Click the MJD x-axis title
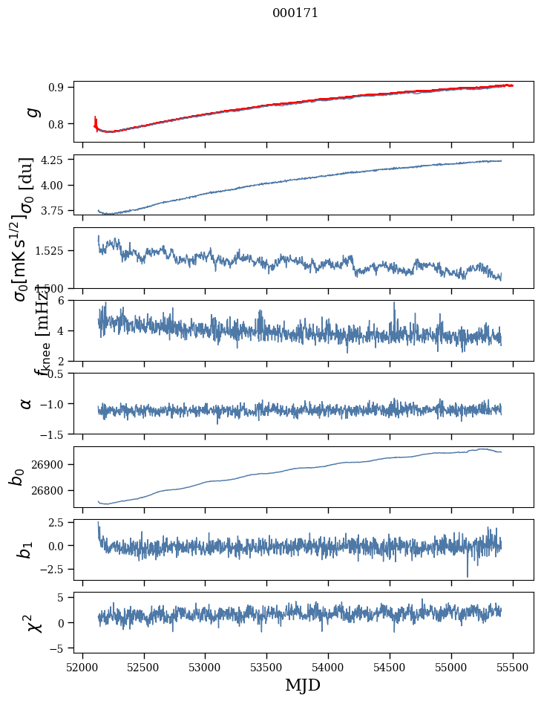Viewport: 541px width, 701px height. tap(303, 685)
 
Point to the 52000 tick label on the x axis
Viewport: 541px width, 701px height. tap(82, 667)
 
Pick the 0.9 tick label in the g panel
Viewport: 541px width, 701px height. tap(60, 87)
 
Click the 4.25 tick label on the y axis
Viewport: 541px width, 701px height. tap(56, 160)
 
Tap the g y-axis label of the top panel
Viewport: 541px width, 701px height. tap(31, 111)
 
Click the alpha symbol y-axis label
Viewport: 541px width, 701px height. tap(26, 402)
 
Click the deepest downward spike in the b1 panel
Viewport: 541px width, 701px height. tap(468, 576)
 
